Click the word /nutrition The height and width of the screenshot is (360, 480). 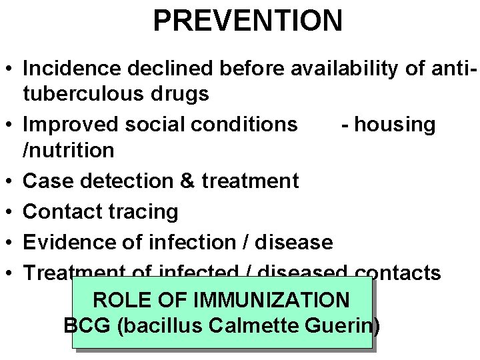click(x=69, y=151)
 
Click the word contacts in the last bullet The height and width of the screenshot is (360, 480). click(x=398, y=273)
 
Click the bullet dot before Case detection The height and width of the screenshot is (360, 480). click(x=9, y=181)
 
